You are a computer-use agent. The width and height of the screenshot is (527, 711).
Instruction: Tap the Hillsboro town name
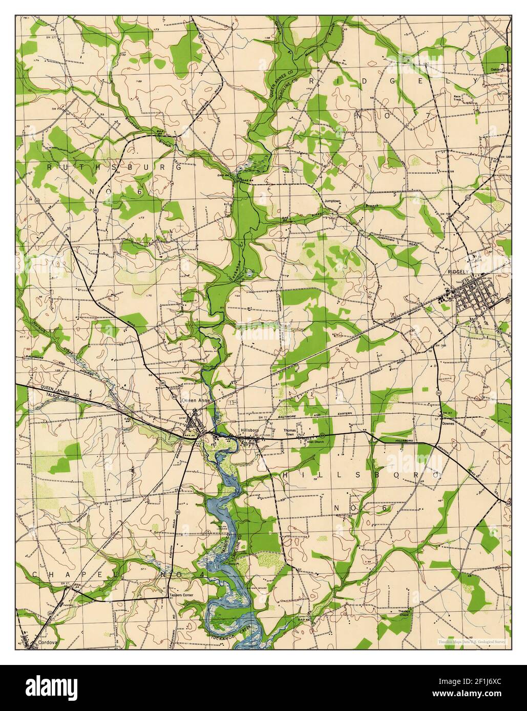tap(250, 431)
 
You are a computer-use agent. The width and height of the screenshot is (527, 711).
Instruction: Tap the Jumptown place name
tap(331, 201)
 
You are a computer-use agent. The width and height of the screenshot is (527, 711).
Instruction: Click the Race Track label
tap(457, 98)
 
